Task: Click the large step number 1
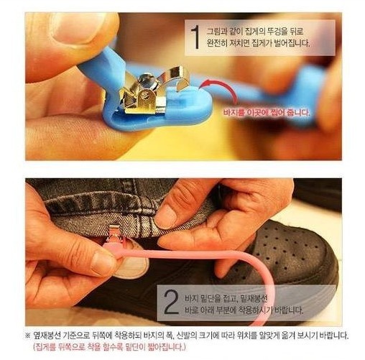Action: point(196,37)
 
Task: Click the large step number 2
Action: point(171,302)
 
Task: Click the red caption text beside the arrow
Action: point(267,112)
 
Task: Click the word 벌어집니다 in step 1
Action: point(290,43)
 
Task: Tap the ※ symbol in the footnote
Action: point(28,335)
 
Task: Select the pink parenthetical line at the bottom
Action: point(109,347)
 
